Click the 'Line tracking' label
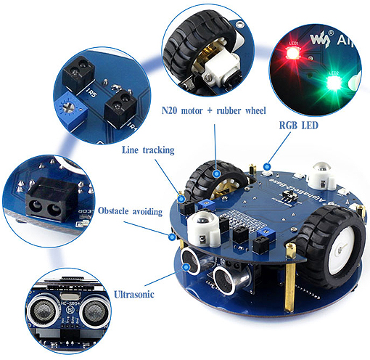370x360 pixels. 149,150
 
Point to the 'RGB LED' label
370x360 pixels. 300,124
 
